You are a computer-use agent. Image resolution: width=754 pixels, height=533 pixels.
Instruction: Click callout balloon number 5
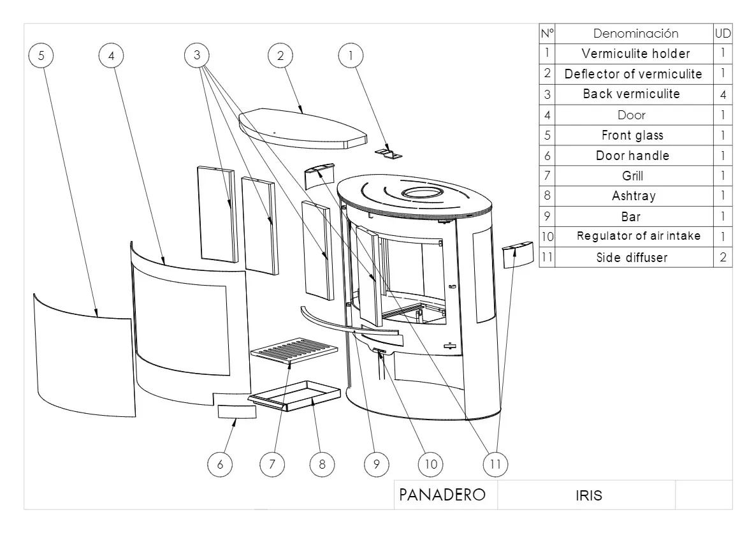41,55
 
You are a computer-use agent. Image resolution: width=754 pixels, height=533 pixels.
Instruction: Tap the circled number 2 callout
280,55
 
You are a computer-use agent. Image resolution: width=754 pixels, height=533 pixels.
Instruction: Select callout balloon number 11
495,464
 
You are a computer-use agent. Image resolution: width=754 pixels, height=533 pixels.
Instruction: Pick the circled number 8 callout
322,464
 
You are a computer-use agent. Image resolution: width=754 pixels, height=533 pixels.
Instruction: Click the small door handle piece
237,411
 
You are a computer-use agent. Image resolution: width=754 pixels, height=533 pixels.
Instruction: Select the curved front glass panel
83,357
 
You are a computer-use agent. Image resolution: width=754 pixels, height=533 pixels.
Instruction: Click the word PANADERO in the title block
442,495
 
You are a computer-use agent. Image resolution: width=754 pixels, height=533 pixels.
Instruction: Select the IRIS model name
588,495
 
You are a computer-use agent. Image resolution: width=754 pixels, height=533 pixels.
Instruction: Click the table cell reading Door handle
632,156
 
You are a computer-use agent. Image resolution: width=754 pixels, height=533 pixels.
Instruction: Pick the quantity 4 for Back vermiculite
723,94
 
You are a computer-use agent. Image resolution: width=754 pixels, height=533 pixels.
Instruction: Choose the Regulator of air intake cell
638,236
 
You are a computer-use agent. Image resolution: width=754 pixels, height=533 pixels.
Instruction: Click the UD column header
723,33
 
